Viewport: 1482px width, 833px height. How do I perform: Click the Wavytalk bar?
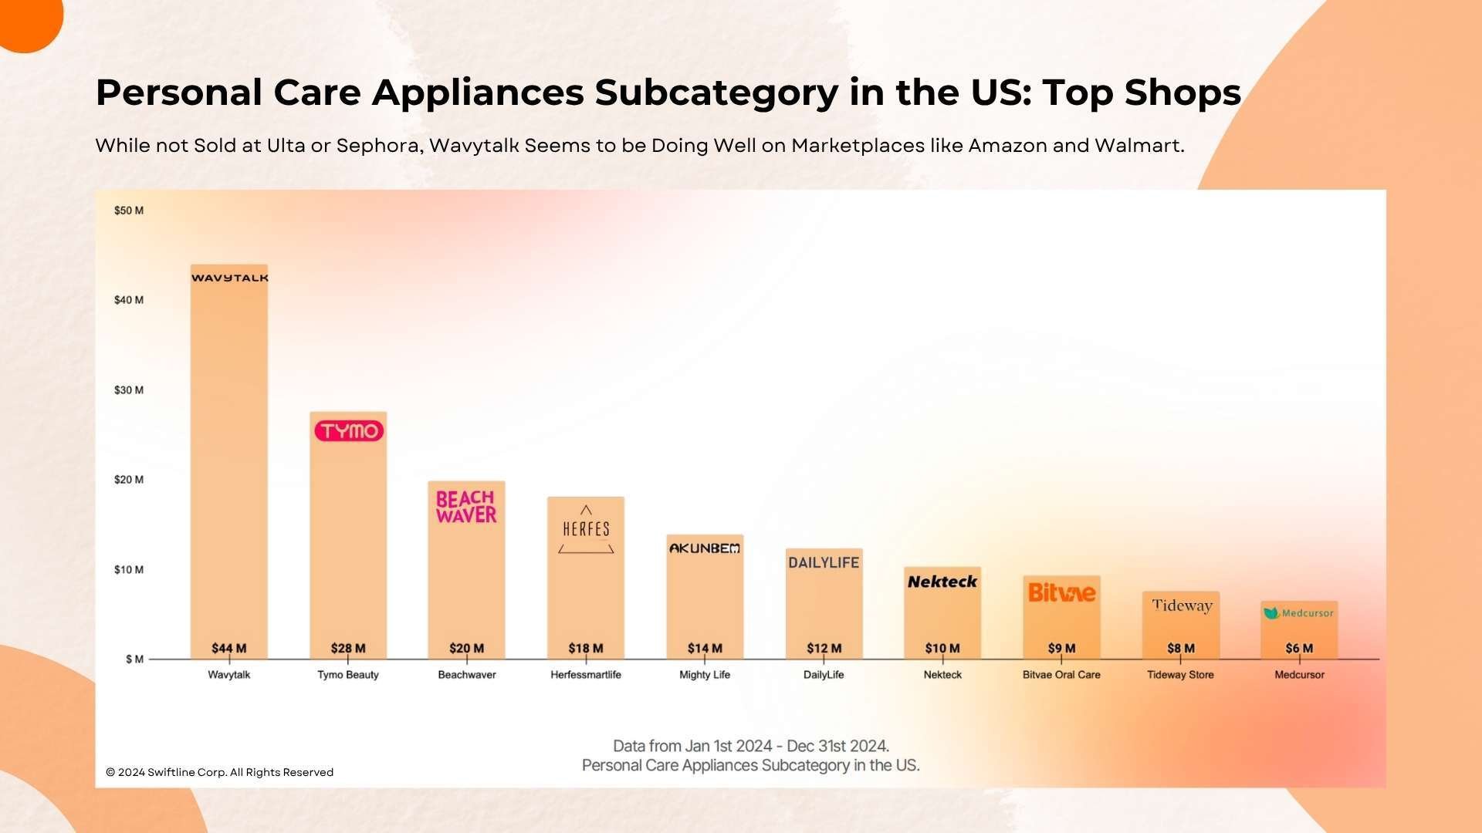[x=229, y=463]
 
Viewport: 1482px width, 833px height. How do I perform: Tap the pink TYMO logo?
[x=349, y=431]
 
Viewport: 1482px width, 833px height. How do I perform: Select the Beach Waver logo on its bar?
[x=466, y=507]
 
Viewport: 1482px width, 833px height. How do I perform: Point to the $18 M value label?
[x=586, y=649]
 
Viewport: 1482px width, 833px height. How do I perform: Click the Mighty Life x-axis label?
[x=705, y=675]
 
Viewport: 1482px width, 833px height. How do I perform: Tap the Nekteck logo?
[x=942, y=582]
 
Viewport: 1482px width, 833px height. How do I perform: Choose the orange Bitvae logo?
[x=1061, y=592]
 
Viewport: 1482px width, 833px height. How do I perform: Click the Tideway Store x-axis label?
[x=1180, y=675]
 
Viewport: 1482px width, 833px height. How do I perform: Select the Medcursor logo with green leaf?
[x=1299, y=613]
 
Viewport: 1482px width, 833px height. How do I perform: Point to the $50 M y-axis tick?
[x=129, y=211]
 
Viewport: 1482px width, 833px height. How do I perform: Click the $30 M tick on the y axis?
[x=129, y=390]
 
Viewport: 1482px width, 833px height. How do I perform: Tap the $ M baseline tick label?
[x=134, y=659]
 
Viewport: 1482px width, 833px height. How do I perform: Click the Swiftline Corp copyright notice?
[x=220, y=772]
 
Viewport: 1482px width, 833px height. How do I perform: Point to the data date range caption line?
[x=750, y=746]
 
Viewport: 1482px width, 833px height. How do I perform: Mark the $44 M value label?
[x=229, y=649]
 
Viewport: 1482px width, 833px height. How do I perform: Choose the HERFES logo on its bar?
[x=586, y=529]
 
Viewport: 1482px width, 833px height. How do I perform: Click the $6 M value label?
[x=1299, y=649]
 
